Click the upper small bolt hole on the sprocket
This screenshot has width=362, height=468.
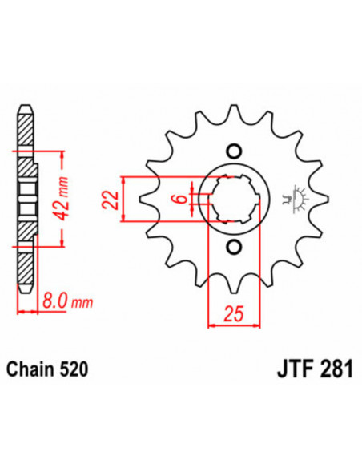(234, 150)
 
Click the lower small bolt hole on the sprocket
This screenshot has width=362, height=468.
(234, 246)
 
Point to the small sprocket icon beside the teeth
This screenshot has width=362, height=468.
(297, 199)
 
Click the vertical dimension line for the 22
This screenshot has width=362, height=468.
(123, 198)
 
